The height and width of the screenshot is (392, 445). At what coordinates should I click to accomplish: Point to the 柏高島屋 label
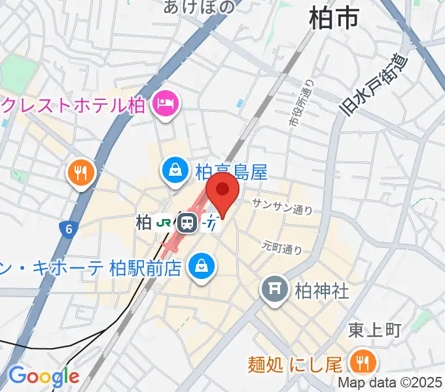coord(231,172)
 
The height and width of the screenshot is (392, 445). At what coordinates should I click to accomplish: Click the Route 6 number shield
coord(67,229)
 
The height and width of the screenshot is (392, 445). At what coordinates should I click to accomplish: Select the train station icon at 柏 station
coord(188,223)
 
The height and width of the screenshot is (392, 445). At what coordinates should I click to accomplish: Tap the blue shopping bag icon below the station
coord(201,265)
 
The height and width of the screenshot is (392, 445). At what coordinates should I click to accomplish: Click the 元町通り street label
coord(282,247)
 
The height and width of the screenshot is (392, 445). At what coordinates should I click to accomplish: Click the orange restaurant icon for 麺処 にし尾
coord(360,361)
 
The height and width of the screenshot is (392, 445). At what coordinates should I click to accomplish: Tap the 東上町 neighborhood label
coord(374,330)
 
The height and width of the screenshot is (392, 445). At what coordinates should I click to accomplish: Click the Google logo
coord(43,376)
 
